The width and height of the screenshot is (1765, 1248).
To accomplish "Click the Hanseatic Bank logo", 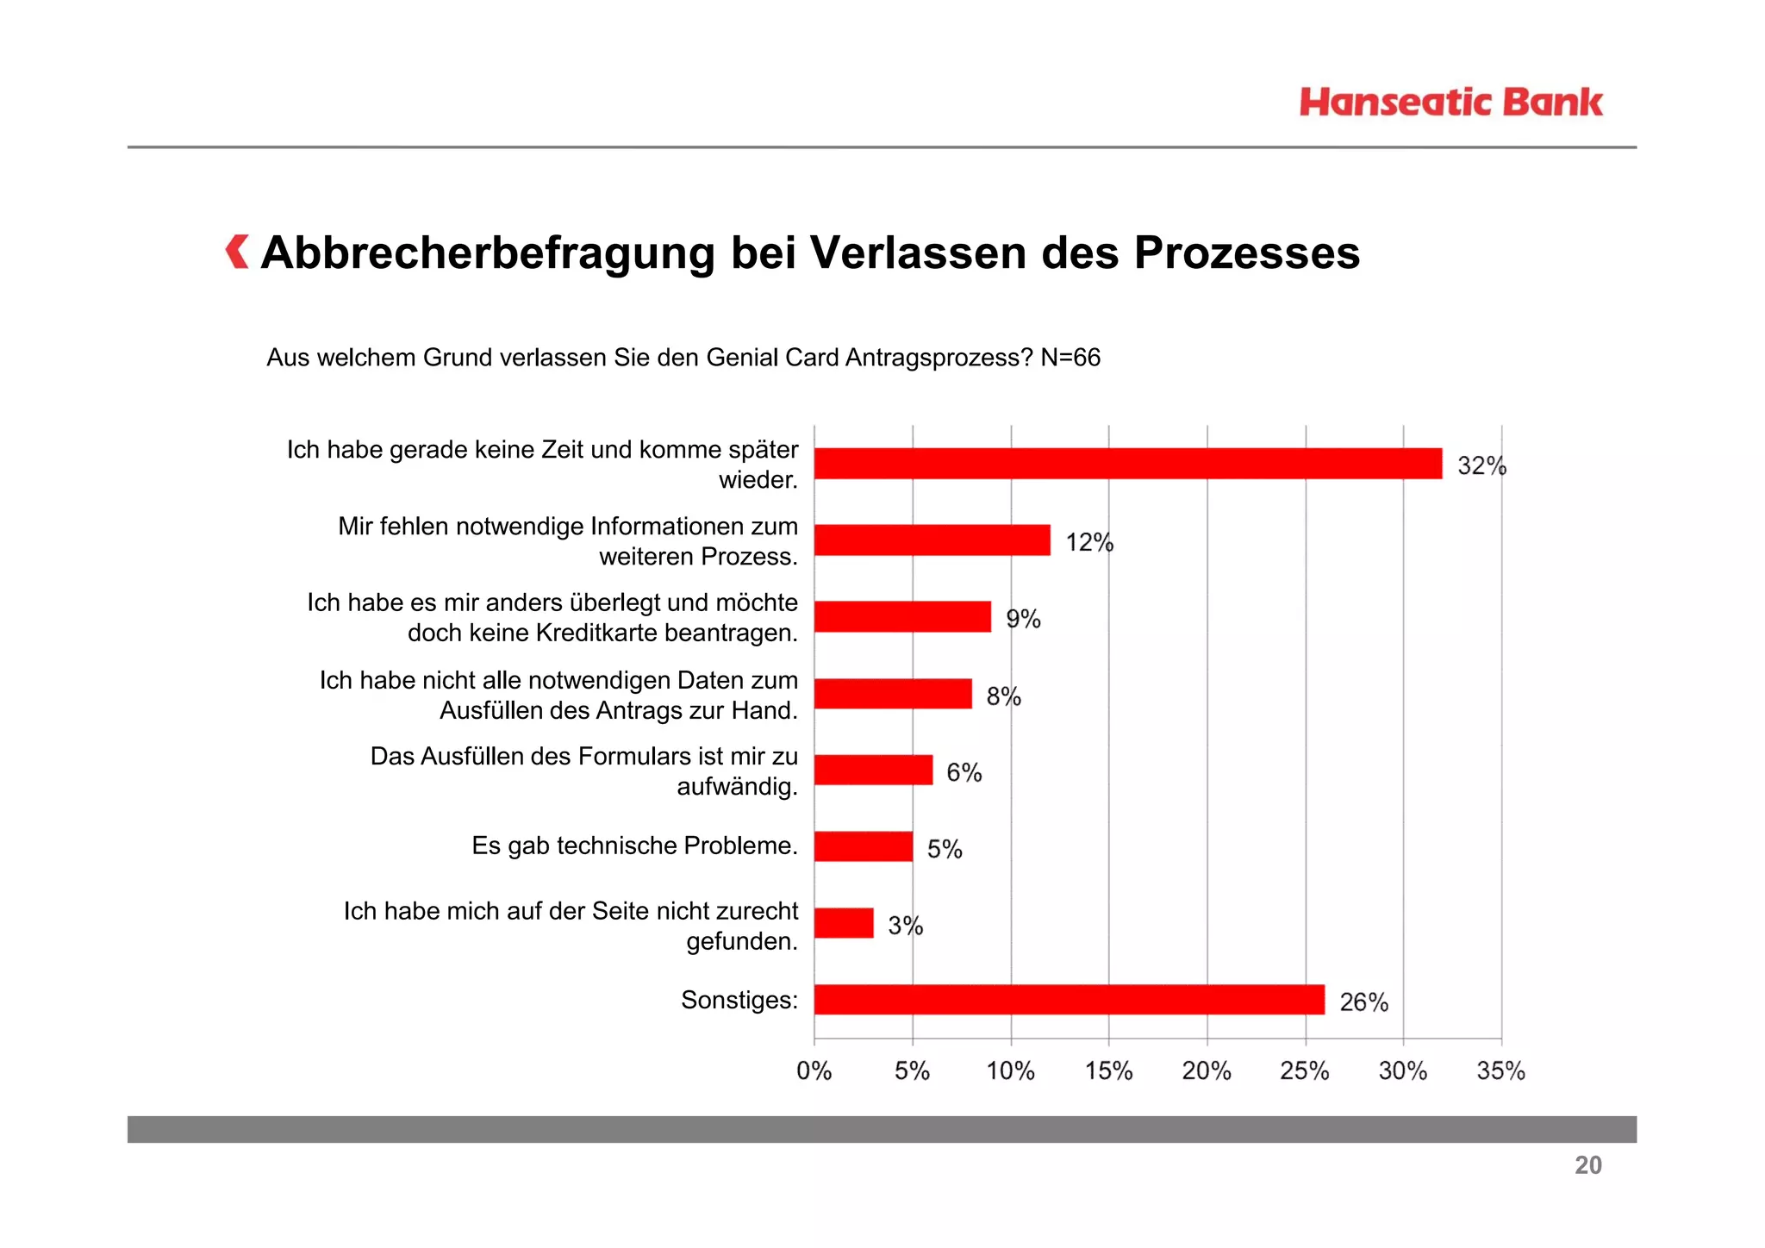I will click(1450, 103).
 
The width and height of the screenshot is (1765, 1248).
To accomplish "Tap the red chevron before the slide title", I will click(237, 252).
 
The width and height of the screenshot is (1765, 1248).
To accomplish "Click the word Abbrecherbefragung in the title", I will click(488, 253).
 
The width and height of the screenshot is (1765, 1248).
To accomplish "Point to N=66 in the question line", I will click(1070, 358).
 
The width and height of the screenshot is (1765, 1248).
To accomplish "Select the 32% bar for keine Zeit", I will click(1127, 464).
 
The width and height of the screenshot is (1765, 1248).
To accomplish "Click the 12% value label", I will click(1089, 542).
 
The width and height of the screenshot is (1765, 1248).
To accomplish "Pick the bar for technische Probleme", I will click(863, 846).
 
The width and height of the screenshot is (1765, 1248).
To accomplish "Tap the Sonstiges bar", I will click(1069, 1000).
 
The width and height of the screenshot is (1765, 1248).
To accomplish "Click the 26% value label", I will click(1363, 1002).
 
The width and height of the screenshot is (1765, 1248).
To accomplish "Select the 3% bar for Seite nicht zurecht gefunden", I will click(844, 923).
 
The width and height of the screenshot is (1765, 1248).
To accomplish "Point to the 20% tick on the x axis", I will click(1207, 1071).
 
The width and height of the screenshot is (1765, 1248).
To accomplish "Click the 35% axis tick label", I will click(1500, 1071).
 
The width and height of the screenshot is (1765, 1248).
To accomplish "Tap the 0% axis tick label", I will click(814, 1071).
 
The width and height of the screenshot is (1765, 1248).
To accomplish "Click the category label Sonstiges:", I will click(739, 1000).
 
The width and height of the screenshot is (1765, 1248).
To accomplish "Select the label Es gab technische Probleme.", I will click(634, 846).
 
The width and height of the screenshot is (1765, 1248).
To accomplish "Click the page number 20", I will click(1587, 1165).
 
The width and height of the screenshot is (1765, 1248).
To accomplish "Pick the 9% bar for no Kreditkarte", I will click(902, 617).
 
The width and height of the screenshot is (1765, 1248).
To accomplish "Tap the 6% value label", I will click(964, 772).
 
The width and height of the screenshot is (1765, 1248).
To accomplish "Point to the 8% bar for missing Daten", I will click(893, 694).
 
